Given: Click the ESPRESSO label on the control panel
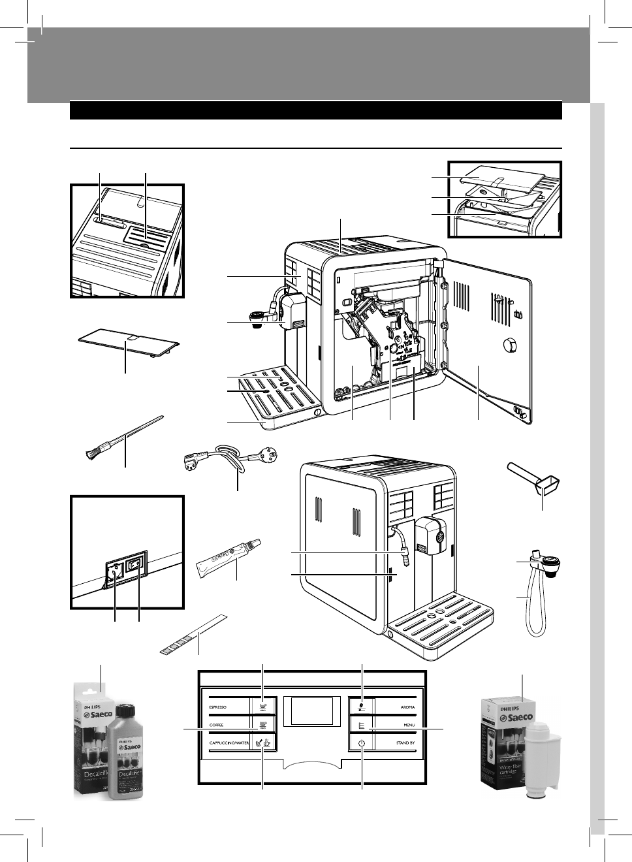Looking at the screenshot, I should click(217, 707).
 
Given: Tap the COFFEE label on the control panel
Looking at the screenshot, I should click(215, 725).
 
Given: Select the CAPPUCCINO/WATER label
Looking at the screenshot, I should click(229, 743).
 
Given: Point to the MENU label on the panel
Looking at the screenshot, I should click(407, 725).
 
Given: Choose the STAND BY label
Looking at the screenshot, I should click(404, 743).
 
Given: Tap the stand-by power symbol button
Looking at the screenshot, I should click(361, 743).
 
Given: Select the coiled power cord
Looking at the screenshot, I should click(229, 458).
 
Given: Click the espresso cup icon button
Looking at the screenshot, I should click(262, 707).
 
